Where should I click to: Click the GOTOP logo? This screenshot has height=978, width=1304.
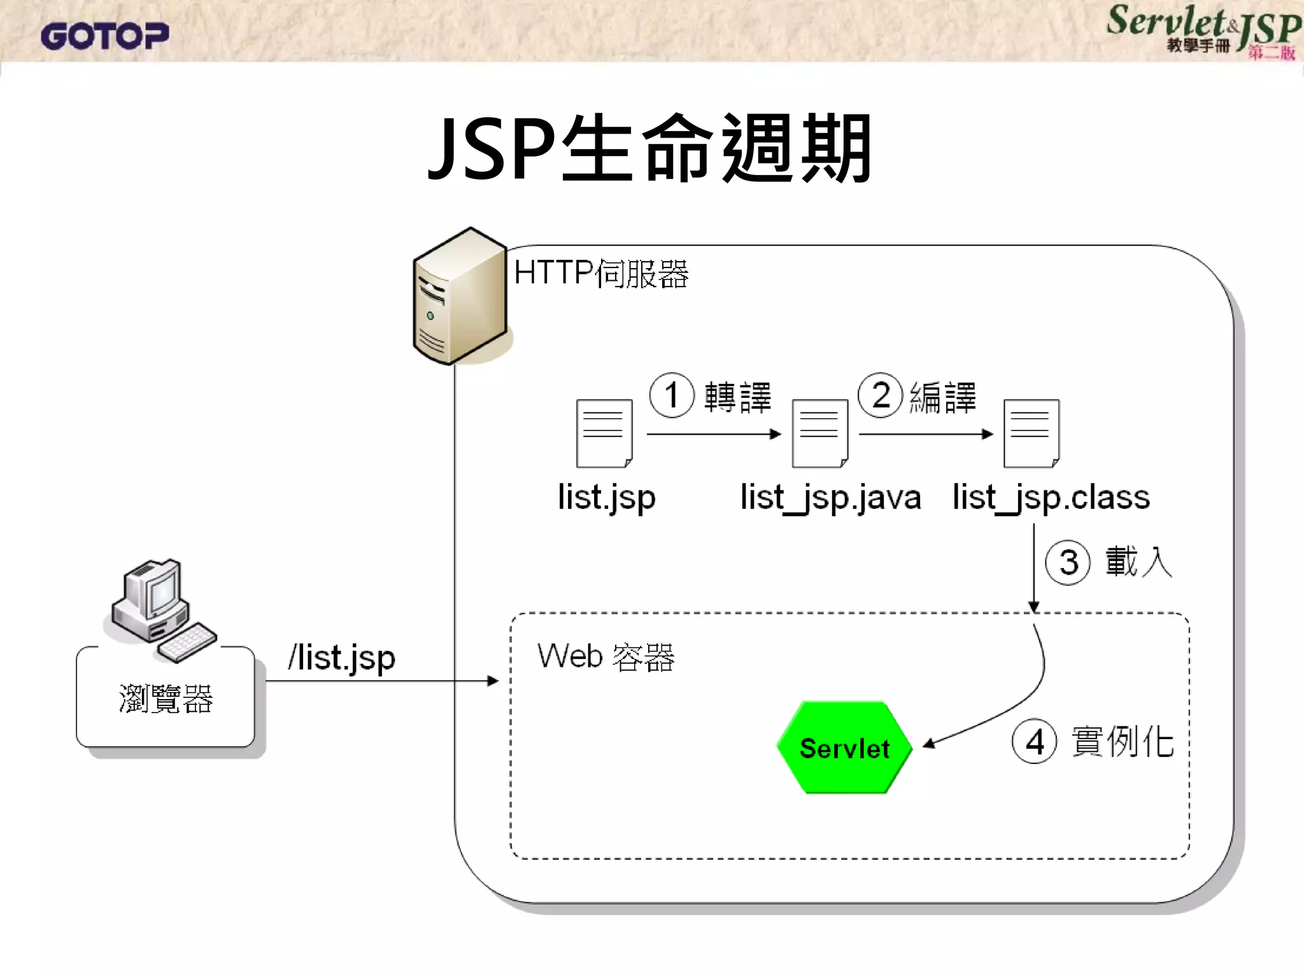point(105,36)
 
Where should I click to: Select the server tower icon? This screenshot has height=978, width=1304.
point(460,297)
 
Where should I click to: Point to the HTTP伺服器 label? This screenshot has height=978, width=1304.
point(601,274)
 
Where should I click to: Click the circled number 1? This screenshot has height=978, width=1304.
point(671,395)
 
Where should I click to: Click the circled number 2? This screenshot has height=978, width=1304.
point(881,395)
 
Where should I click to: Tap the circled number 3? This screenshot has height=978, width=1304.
point(1068,562)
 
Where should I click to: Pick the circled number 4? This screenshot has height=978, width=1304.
point(1034,742)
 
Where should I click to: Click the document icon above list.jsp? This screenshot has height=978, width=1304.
point(604,434)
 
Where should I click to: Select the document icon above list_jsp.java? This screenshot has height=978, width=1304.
point(819,434)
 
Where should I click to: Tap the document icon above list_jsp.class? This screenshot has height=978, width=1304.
point(1031,434)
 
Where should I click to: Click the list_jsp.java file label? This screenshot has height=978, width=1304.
point(830,498)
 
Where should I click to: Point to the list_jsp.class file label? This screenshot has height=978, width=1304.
point(1051,498)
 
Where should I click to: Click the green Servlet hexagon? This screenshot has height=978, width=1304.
point(844,748)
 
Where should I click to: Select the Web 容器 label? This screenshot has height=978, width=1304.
point(606,657)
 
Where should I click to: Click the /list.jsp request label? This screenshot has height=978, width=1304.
point(342,658)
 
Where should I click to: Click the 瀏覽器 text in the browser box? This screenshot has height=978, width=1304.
point(166,699)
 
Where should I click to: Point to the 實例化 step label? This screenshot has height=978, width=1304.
point(1122,742)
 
